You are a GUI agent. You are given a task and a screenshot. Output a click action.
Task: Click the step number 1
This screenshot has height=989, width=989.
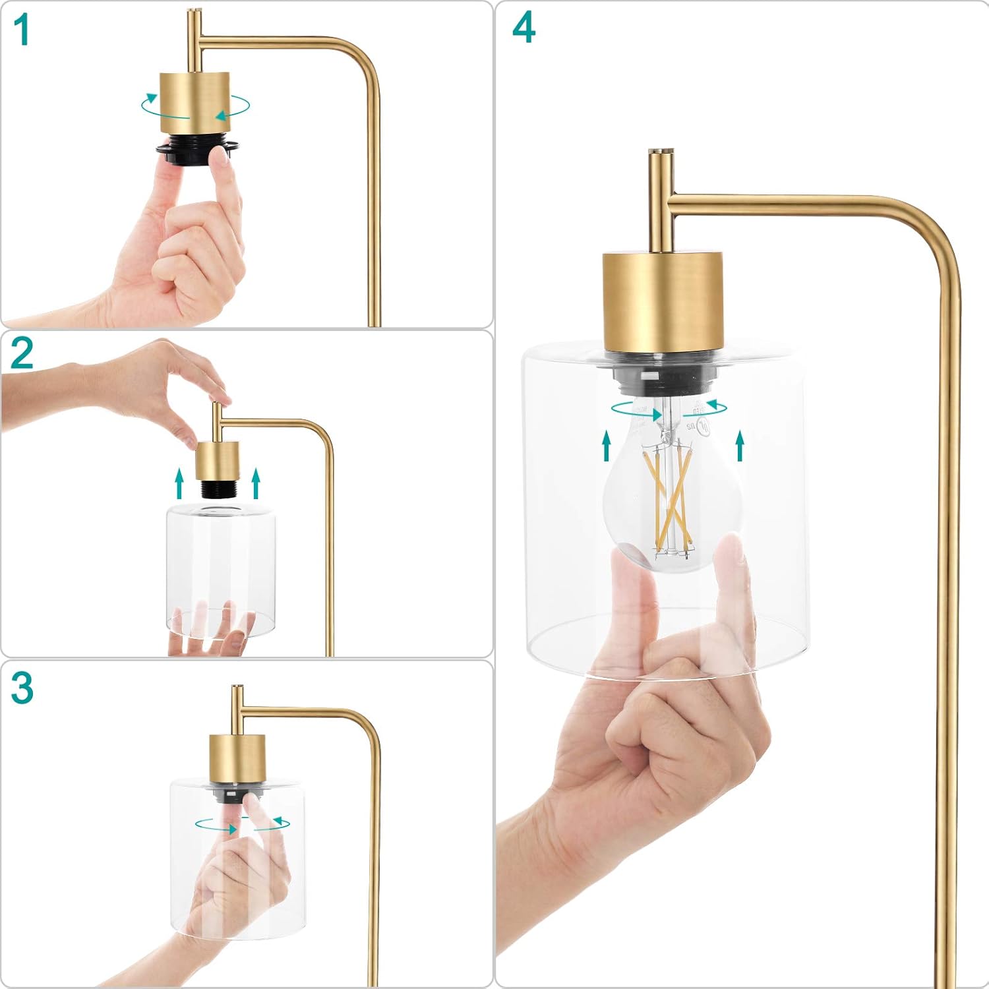pos(22,30)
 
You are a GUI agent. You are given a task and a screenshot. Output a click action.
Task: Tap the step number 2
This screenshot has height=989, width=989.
pos(22,355)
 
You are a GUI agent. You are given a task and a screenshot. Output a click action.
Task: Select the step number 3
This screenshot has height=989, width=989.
pos(22,688)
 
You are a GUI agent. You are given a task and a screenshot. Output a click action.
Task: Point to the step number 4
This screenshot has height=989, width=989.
pos(524,29)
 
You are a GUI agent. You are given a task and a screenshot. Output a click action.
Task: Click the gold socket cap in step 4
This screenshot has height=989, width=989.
pos(662,300)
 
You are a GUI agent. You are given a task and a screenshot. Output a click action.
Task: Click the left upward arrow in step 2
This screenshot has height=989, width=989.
pos(179,483)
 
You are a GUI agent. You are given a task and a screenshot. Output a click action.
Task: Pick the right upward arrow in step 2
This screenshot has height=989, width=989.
pos(256,483)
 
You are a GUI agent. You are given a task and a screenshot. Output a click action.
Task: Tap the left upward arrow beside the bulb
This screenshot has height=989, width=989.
pos(606,446)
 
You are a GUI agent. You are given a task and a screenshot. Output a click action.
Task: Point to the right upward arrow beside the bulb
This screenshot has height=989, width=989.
pos(740,446)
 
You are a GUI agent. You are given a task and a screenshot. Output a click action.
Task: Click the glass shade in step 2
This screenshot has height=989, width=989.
pos(220,567)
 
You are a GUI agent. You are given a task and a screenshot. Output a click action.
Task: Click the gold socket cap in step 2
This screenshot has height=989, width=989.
pos(218,462)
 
